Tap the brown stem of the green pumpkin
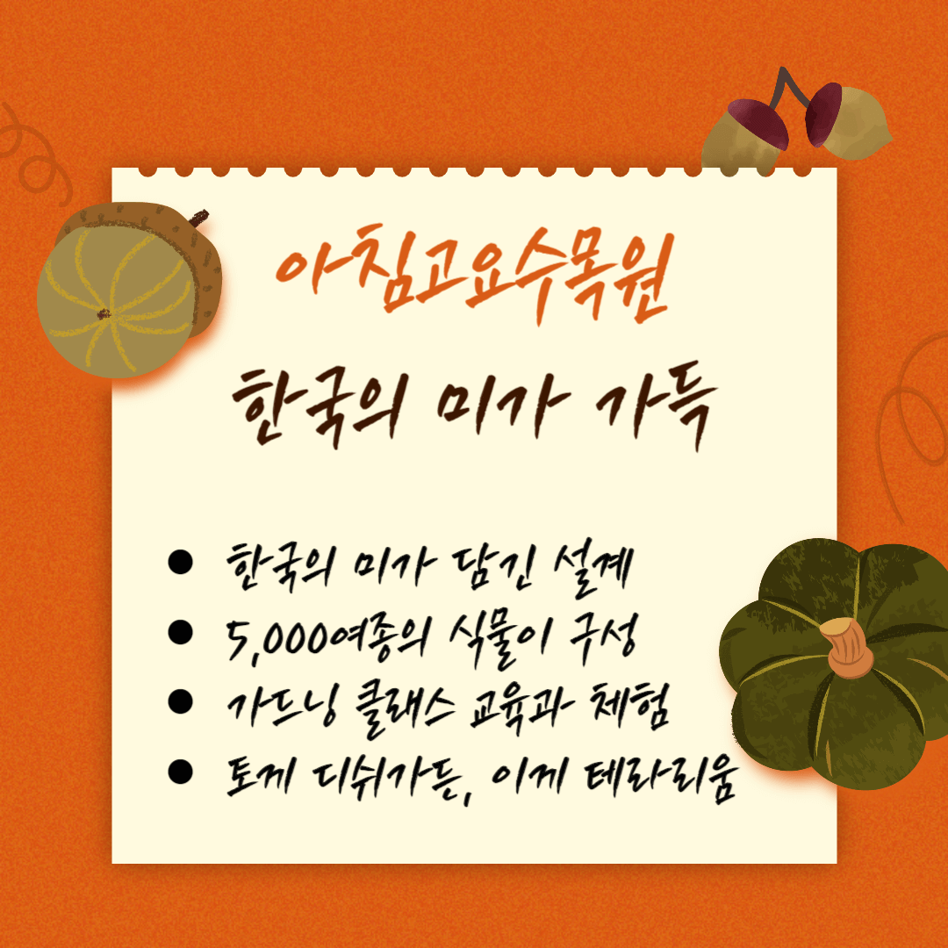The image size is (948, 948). [846, 648]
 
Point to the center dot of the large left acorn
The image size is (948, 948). [104, 313]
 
